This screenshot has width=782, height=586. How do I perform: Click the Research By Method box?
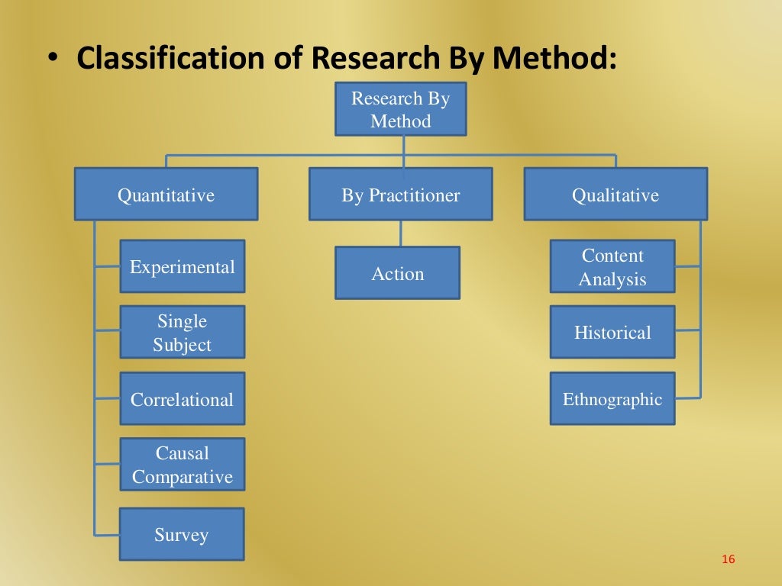click(x=400, y=109)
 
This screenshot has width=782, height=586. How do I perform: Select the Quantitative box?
click(x=166, y=195)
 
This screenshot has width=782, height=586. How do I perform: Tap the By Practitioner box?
click(x=400, y=195)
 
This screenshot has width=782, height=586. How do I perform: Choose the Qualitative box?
click(x=616, y=195)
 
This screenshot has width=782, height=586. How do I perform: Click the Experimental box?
click(x=182, y=266)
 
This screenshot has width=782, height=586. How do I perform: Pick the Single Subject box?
click(x=182, y=332)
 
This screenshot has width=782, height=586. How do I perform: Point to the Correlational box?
click(x=182, y=398)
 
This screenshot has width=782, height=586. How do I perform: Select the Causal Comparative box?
click(x=182, y=464)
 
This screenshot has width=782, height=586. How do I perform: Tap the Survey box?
click(x=182, y=534)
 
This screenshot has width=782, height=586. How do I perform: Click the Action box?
click(x=397, y=272)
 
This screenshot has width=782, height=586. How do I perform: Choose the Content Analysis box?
click(x=612, y=266)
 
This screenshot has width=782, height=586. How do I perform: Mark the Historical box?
click(x=612, y=332)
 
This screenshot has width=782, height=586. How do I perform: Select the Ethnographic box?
click(x=612, y=398)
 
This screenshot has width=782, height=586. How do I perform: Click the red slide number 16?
click(x=727, y=560)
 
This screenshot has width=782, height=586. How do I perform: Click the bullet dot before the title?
click(x=51, y=60)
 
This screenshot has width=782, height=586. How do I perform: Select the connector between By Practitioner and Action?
click(x=400, y=233)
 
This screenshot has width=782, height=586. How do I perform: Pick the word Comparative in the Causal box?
click(x=182, y=477)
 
